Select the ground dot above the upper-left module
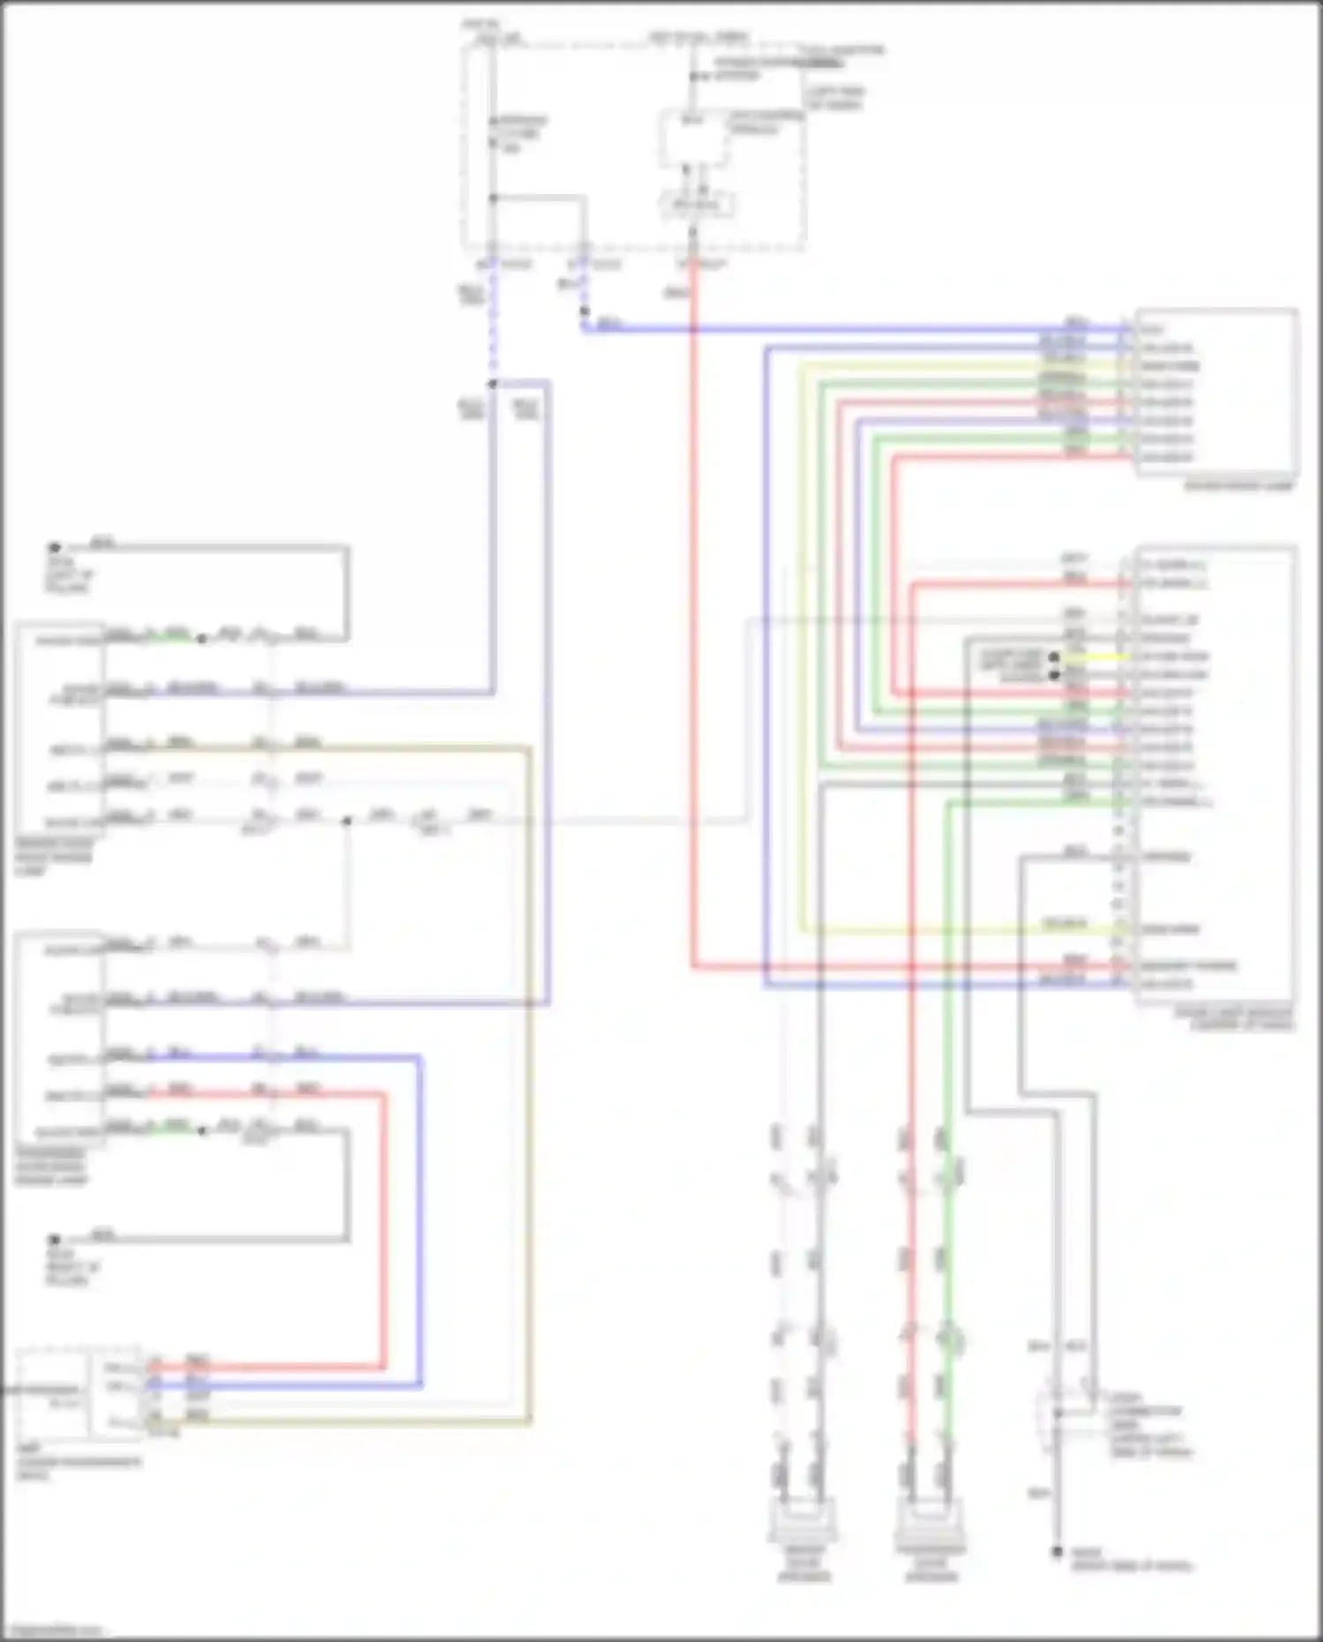click(55, 547)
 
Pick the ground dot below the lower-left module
click(55, 1239)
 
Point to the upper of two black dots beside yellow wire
click(1054, 657)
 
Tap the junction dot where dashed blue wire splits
click(492, 384)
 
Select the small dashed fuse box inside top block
click(697, 206)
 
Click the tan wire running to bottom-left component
click(353, 1421)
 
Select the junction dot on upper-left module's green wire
click(202, 638)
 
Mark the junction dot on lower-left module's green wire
click(203, 1130)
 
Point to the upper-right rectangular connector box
click(1217, 393)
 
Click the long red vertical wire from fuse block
click(693, 618)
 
